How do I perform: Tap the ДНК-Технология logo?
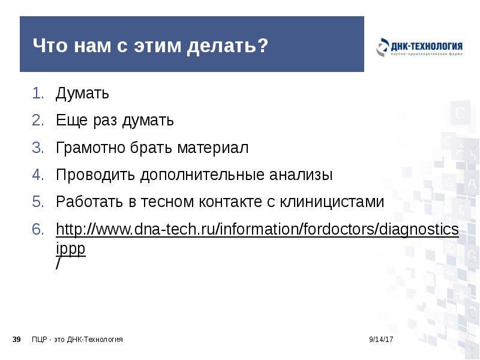(x=419, y=48)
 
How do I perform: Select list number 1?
(x=38, y=94)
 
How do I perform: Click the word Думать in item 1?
(x=82, y=94)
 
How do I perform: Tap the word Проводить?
(x=96, y=175)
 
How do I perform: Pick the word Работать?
(x=89, y=202)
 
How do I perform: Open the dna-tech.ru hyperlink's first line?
(x=257, y=230)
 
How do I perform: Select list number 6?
(x=38, y=230)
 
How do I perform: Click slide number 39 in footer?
(x=17, y=340)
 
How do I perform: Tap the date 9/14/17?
(x=381, y=340)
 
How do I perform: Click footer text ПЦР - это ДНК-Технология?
(x=77, y=340)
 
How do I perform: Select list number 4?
(x=38, y=175)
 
